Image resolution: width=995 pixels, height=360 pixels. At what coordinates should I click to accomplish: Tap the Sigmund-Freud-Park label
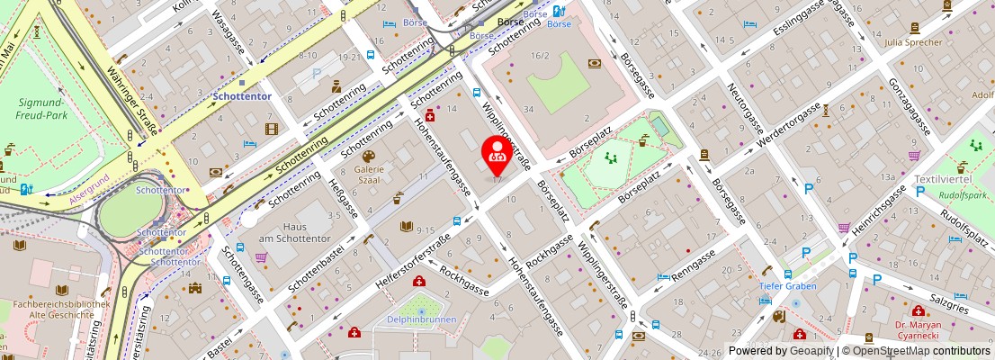coord(43,109)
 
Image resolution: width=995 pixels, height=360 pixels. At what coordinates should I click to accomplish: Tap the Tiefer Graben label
coord(787,286)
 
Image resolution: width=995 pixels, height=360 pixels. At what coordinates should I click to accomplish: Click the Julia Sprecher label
coord(938,41)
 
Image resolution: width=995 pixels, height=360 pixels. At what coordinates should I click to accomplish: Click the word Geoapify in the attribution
coord(811,351)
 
